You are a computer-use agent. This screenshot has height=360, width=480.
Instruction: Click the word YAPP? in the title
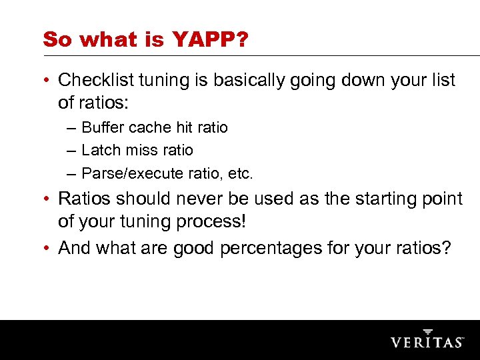pyautogui.click(x=210, y=39)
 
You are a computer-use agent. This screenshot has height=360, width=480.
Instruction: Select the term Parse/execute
pyautogui.click(x=132, y=174)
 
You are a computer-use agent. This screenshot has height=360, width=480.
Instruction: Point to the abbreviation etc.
pyautogui.click(x=240, y=174)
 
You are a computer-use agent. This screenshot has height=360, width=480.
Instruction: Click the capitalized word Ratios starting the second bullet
pyautogui.click(x=85, y=199)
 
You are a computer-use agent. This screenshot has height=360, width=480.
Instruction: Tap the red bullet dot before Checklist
pyautogui.click(x=49, y=81)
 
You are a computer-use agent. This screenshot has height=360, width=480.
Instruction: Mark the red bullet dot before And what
pyautogui.click(x=49, y=249)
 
